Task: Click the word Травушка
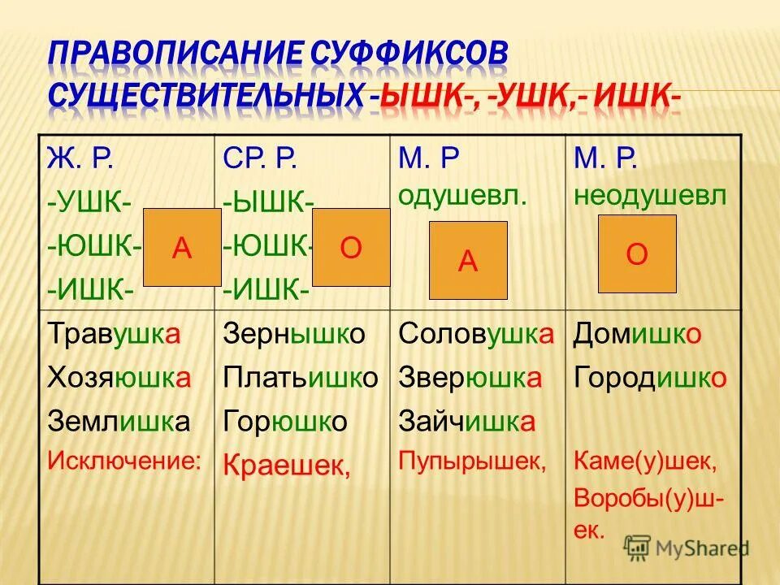point(115,335)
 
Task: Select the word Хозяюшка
point(120,378)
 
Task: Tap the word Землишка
point(119,421)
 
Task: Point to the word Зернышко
point(295,335)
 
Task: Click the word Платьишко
point(301,378)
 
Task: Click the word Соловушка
point(477,335)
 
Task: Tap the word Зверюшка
point(470,378)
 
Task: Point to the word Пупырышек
point(472,461)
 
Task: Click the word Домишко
point(638,335)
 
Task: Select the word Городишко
point(650,378)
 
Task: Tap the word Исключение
point(124,461)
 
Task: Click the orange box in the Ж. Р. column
point(183,248)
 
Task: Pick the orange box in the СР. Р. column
point(351,248)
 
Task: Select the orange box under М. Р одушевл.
point(468,260)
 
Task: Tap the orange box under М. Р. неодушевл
point(637,253)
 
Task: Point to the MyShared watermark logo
point(687,547)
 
